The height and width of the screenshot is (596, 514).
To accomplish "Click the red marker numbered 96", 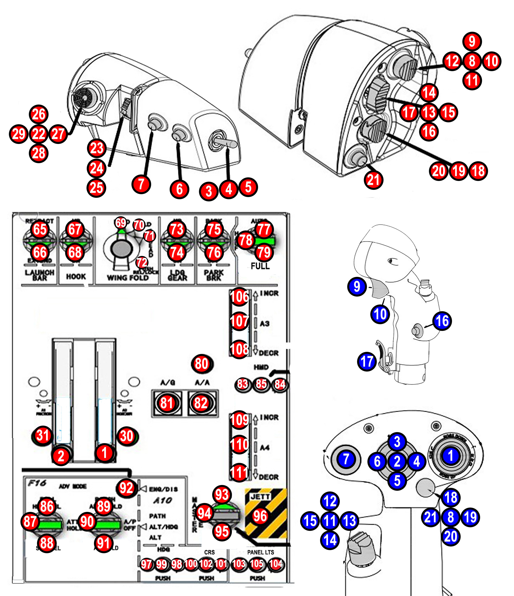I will (x=260, y=516).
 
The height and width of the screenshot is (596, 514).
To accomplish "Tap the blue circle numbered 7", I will (x=346, y=459).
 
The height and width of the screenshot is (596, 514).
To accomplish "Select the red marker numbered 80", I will (x=202, y=364).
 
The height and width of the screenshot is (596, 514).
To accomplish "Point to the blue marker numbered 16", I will (x=442, y=321).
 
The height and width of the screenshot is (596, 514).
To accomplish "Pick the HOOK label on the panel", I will (x=76, y=277).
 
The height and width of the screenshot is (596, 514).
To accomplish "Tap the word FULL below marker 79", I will (x=260, y=266).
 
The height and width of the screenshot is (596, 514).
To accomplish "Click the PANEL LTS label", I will (x=260, y=552).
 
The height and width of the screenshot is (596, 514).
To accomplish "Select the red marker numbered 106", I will (x=239, y=297).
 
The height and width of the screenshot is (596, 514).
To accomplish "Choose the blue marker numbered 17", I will (x=367, y=362).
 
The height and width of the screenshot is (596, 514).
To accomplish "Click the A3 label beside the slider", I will (x=265, y=324).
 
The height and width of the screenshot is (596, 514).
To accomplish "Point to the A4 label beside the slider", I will (x=265, y=447).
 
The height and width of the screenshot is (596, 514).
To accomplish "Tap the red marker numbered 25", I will (x=96, y=188).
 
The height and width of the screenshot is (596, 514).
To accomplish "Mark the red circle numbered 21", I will (x=373, y=180).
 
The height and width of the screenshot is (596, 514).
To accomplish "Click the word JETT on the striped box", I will (x=260, y=497).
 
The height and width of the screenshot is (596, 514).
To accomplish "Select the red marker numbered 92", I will (x=126, y=488).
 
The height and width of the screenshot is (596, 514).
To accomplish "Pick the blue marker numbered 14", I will (x=330, y=540).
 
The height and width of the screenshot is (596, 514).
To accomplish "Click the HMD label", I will (x=261, y=367).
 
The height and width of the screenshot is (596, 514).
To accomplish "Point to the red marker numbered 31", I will (x=43, y=435).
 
